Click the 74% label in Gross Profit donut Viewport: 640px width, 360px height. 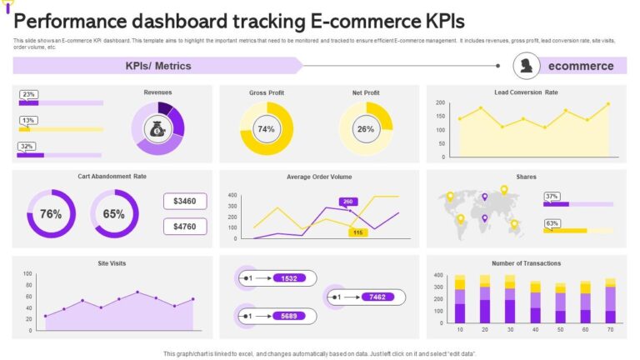coord(266,129)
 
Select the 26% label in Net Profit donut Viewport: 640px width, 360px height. coord(366,129)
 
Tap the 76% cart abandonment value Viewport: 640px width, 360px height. coord(51,214)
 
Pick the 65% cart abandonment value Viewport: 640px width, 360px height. coord(114,214)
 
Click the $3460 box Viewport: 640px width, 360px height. coord(185,202)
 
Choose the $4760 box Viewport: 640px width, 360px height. coord(185,226)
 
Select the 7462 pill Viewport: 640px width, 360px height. coord(377,297)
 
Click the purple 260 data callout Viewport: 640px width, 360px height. coord(347,202)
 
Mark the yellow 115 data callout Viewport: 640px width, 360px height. coord(357,232)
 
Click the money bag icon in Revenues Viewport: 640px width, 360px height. coord(157,129)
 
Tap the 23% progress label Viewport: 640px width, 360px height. coord(28,94)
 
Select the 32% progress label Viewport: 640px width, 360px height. coord(27,147)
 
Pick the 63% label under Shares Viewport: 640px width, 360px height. coord(551,223)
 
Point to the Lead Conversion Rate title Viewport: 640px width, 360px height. coord(526,92)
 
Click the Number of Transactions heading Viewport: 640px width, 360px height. coord(526,263)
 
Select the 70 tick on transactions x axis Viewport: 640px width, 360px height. coord(611,331)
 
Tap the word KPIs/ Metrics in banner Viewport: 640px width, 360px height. coord(158,66)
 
